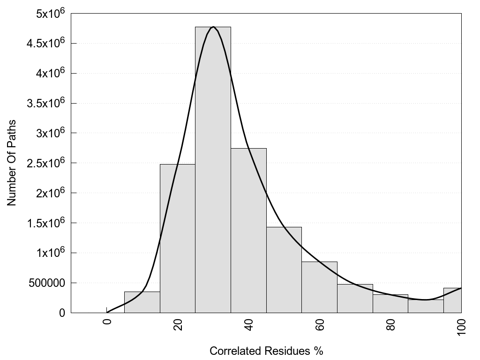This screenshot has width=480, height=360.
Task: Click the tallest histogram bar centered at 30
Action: (213, 169)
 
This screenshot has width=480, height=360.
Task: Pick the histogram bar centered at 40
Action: (248, 230)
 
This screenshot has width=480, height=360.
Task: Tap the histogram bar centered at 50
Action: (284, 270)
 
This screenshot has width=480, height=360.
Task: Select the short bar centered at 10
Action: (142, 302)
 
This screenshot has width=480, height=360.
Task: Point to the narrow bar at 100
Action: (452, 300)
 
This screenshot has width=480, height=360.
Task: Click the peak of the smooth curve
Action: (213, 27)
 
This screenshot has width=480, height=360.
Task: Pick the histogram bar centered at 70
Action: (355, 298)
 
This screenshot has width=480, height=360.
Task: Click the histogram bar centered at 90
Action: (426, 306)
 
